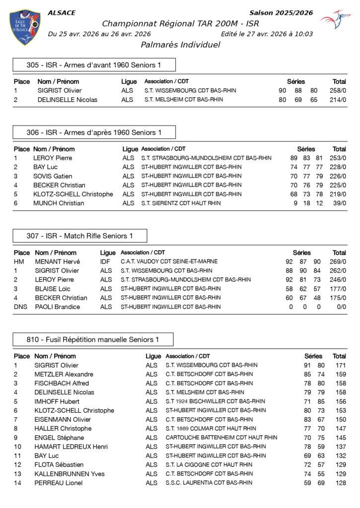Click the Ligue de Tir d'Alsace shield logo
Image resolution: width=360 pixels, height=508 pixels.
25,27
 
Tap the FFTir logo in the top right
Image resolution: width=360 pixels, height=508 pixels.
335,20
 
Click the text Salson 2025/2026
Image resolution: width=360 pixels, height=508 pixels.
281,13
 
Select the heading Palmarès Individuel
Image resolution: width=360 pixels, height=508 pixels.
180,45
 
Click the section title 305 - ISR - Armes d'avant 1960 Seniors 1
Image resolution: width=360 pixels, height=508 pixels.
94,65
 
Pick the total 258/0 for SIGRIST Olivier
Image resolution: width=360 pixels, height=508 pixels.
338,91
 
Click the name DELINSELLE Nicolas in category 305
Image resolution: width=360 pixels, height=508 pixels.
68,100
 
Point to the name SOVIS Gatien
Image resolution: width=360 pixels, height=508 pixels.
53,176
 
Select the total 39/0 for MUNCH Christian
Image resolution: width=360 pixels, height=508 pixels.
339,203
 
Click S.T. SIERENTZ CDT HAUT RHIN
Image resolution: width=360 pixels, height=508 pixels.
182,203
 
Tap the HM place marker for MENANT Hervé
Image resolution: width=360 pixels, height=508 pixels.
19,261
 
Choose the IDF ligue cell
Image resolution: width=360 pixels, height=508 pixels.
105,261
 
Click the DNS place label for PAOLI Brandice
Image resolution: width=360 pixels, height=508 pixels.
19,307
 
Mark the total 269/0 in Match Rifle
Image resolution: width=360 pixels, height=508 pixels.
338,261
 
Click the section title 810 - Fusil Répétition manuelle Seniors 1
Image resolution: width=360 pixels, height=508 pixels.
93,340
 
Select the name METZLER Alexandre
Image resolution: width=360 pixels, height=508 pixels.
64,375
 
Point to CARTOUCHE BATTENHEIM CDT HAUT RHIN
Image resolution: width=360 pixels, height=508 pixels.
221,438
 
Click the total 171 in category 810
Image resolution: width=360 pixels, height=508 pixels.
340,366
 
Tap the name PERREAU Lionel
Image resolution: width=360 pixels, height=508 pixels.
59,483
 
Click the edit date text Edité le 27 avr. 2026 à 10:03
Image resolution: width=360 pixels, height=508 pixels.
267,34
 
